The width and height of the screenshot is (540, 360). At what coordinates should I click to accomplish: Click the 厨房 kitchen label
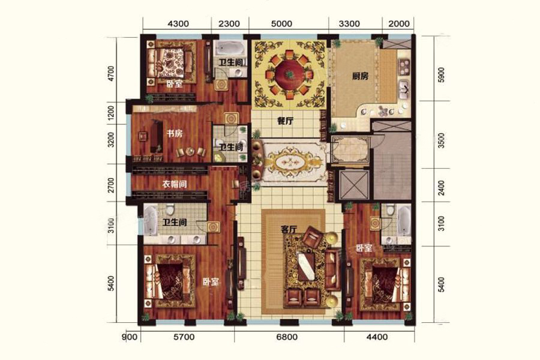tap(360, 76)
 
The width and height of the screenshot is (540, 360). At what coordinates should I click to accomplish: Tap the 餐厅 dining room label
tap(285, 121)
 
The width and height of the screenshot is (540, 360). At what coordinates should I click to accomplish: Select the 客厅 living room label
tap(289, 229)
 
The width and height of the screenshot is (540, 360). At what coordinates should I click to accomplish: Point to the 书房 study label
tap(175, 133)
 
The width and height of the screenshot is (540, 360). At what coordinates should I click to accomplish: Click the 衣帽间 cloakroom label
tap(175, 184)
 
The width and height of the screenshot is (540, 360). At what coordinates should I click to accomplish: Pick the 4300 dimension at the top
tap(178, 24)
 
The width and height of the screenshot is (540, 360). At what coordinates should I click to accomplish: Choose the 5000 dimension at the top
tap(282, 24)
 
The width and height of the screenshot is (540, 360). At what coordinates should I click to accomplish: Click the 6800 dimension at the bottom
tap(287, 337)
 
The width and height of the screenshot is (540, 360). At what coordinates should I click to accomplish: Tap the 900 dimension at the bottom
tap(130, 337)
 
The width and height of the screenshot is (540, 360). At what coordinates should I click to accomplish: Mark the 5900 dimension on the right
tap(442, 75)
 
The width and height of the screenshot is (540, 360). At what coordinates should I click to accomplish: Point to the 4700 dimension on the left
tap(111, 74)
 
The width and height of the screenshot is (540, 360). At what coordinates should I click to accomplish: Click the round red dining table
tap(289, 74)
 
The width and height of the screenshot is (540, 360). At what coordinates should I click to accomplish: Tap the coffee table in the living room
tap(306, 266)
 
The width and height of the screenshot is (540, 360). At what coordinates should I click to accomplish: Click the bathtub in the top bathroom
tap(229, 49)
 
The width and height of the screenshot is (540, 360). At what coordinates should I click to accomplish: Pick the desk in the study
tap(157, 136)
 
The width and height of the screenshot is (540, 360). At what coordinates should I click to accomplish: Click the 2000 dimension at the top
tap(399, 24)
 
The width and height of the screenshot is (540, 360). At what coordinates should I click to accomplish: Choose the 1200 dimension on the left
tap(111, 113)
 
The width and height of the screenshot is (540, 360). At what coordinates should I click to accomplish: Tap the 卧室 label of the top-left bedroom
tap(174, 84)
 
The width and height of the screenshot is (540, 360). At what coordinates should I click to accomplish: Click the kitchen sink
tap(404, 89)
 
